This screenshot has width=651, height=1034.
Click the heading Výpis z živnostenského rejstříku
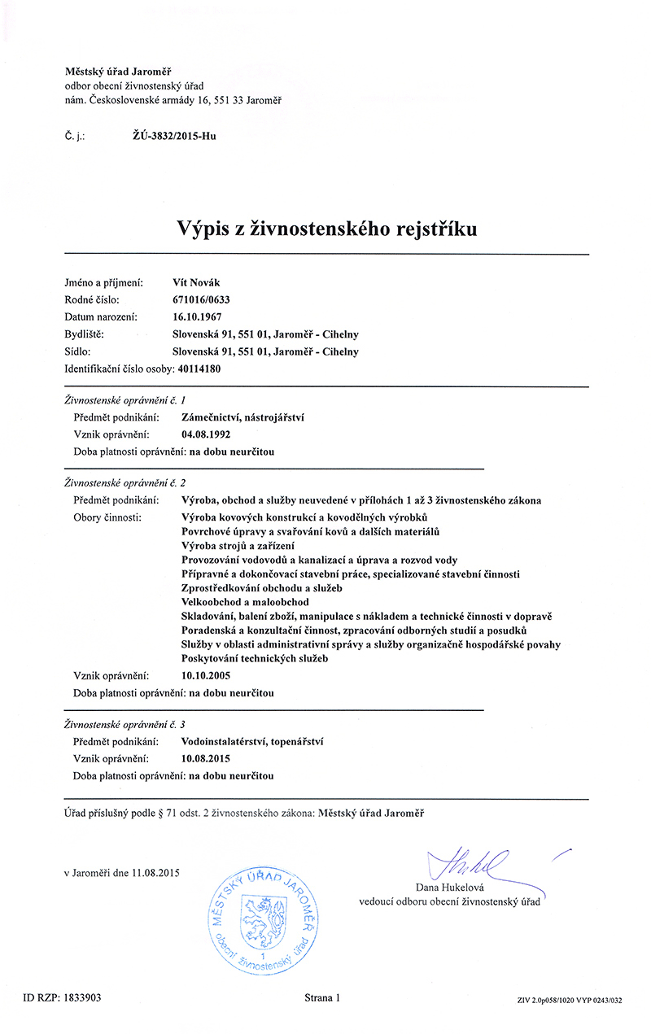326,229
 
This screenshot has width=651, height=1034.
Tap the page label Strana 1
322,997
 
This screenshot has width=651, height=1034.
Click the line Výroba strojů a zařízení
238,545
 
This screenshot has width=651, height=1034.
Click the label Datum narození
101,316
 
